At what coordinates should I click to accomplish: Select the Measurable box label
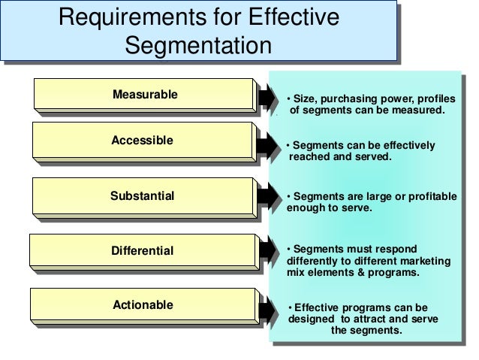(145, 95)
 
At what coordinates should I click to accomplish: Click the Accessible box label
(142, 141)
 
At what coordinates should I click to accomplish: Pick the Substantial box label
(142, 196)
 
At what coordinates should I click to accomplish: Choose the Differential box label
(142, 250)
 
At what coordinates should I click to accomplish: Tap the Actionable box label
(142, 305)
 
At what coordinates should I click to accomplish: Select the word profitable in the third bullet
(431, 196)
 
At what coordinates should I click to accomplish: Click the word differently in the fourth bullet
(316, 261)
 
